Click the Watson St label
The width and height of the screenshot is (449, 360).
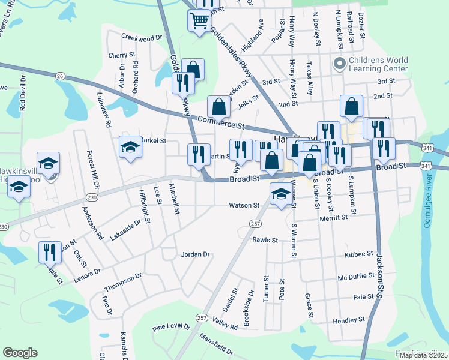[244, 205]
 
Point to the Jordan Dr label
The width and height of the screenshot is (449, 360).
[195, 254]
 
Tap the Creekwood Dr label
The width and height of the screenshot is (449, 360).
[142, 37]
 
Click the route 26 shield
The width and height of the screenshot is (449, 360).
[59, 76]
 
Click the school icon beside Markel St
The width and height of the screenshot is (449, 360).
[130, 147]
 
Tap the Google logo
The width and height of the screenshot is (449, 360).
[20, 353]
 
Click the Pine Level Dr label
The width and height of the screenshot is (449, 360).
[171, 328]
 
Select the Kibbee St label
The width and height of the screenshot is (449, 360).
[360, 254]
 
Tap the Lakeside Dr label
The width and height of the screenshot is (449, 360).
[125, 230]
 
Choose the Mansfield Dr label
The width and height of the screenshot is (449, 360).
[216, 344]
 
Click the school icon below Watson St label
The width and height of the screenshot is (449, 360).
[279, 194]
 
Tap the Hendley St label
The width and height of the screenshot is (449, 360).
[345, 321]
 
